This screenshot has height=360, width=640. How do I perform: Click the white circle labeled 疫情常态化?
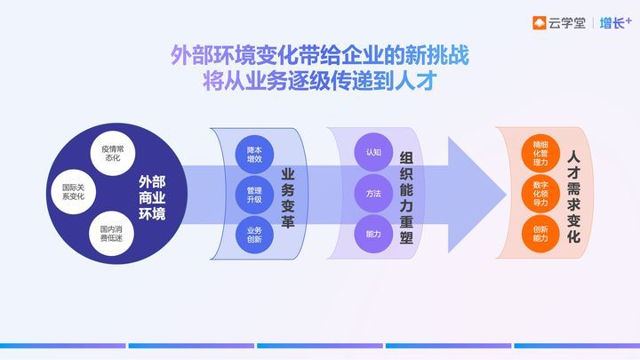coord(113,154)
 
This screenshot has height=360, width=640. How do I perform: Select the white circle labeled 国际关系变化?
coord(74,192)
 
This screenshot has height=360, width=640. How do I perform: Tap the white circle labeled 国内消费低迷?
coord(111,234)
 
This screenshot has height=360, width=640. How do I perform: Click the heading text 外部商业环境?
coord(152,198)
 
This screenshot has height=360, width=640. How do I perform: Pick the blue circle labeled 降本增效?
coord(254,155)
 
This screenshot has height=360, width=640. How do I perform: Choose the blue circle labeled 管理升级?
coord(254,195)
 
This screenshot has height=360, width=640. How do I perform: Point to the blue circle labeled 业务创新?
coord(254,235)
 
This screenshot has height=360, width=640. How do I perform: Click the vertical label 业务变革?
coord(288,198)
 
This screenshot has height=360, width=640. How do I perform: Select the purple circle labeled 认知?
coord(373,152)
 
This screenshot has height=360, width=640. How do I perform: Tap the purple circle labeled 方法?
coord(373,194)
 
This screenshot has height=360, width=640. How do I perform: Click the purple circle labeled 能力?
coord(373,234)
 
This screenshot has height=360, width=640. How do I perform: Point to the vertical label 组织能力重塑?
coord(406,198)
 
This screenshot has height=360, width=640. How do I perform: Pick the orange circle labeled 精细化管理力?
coord(540,154)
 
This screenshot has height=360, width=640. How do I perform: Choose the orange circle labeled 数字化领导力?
coord(540,194)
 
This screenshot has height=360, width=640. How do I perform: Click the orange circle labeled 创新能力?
coord(540,234)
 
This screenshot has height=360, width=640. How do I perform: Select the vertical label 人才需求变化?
coord(573,197)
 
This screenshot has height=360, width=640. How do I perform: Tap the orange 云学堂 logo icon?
coord(540,23)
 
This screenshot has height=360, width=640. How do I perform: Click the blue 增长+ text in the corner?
coord(615,23)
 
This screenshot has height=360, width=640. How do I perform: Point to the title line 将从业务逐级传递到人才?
coord(320,81)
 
